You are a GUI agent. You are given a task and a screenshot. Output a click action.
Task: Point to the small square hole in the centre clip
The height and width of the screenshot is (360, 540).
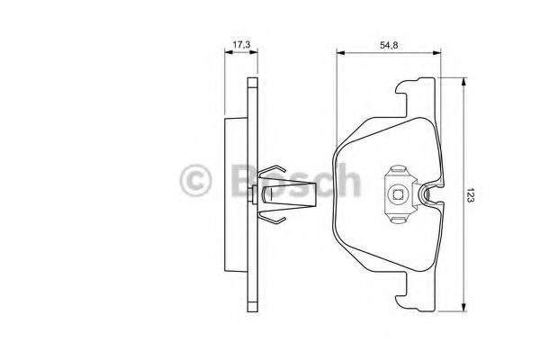[397, 191]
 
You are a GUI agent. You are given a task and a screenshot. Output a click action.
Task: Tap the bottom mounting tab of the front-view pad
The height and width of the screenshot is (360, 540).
[416, 297]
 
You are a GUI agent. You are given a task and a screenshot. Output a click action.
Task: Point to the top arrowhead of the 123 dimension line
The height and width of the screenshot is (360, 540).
[463, 81]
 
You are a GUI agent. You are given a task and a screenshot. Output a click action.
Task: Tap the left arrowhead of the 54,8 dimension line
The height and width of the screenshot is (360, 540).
[340, 54]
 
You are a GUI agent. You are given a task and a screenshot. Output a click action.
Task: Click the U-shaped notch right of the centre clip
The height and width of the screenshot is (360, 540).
[430, 192]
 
